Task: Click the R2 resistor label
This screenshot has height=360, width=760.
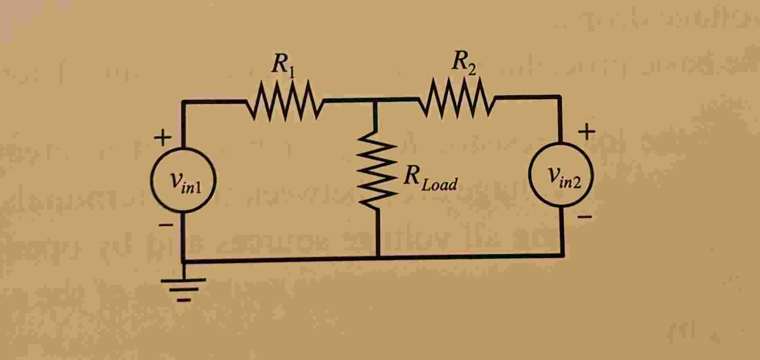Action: tap(464, 63)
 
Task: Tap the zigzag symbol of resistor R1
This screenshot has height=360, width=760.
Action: tap(285, 101)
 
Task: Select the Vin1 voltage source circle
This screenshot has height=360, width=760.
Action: tap(183, 180)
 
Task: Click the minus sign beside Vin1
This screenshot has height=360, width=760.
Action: tap(165, 225)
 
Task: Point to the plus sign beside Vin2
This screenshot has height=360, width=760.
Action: tap(587, 132)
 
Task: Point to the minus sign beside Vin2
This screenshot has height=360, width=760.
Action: tap(585, 216)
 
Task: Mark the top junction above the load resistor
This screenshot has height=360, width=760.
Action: tap(375, 100)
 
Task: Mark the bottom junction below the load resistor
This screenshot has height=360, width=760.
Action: tap(378, 257)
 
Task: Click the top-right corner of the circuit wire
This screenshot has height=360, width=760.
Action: tap(559, 97)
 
